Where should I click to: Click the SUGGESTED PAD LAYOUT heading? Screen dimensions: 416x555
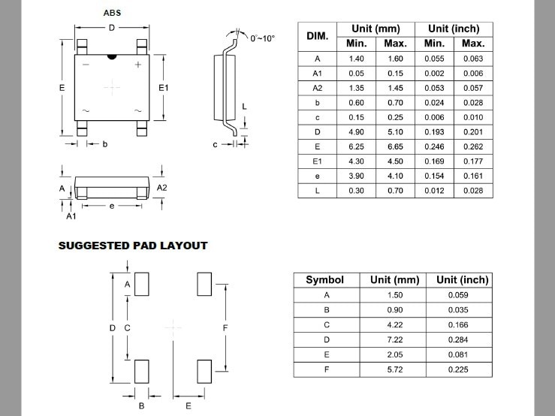click(133, 246)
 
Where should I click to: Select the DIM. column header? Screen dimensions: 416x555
click(317, 36)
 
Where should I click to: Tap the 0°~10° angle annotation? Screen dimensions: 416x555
click(262, 37)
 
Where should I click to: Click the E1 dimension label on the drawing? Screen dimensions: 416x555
click(164, 88)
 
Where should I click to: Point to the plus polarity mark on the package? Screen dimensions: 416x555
click(138, 65)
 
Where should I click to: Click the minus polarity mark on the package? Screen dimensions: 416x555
click(86, 65)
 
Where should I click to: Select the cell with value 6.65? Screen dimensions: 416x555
click(395, 146)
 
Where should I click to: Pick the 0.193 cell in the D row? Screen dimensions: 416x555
click(434, 131)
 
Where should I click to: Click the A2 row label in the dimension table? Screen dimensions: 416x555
click(317, 88)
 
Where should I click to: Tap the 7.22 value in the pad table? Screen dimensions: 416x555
click(395, 341)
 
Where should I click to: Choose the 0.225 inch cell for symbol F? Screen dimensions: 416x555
click(457, 370)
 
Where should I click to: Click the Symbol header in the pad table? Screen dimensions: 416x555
click(324, 279)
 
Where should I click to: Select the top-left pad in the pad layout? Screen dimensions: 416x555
click(142, 284)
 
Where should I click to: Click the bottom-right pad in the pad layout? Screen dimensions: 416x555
click(204, 371)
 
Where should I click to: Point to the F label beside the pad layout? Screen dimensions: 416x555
click(225, 328)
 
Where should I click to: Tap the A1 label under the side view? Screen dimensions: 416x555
click(71, 216)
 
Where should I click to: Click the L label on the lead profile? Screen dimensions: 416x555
click(244, 107)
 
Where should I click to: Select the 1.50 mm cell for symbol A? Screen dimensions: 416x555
click(395, 295)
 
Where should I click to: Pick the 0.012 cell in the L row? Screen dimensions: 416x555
click(434, 191)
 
